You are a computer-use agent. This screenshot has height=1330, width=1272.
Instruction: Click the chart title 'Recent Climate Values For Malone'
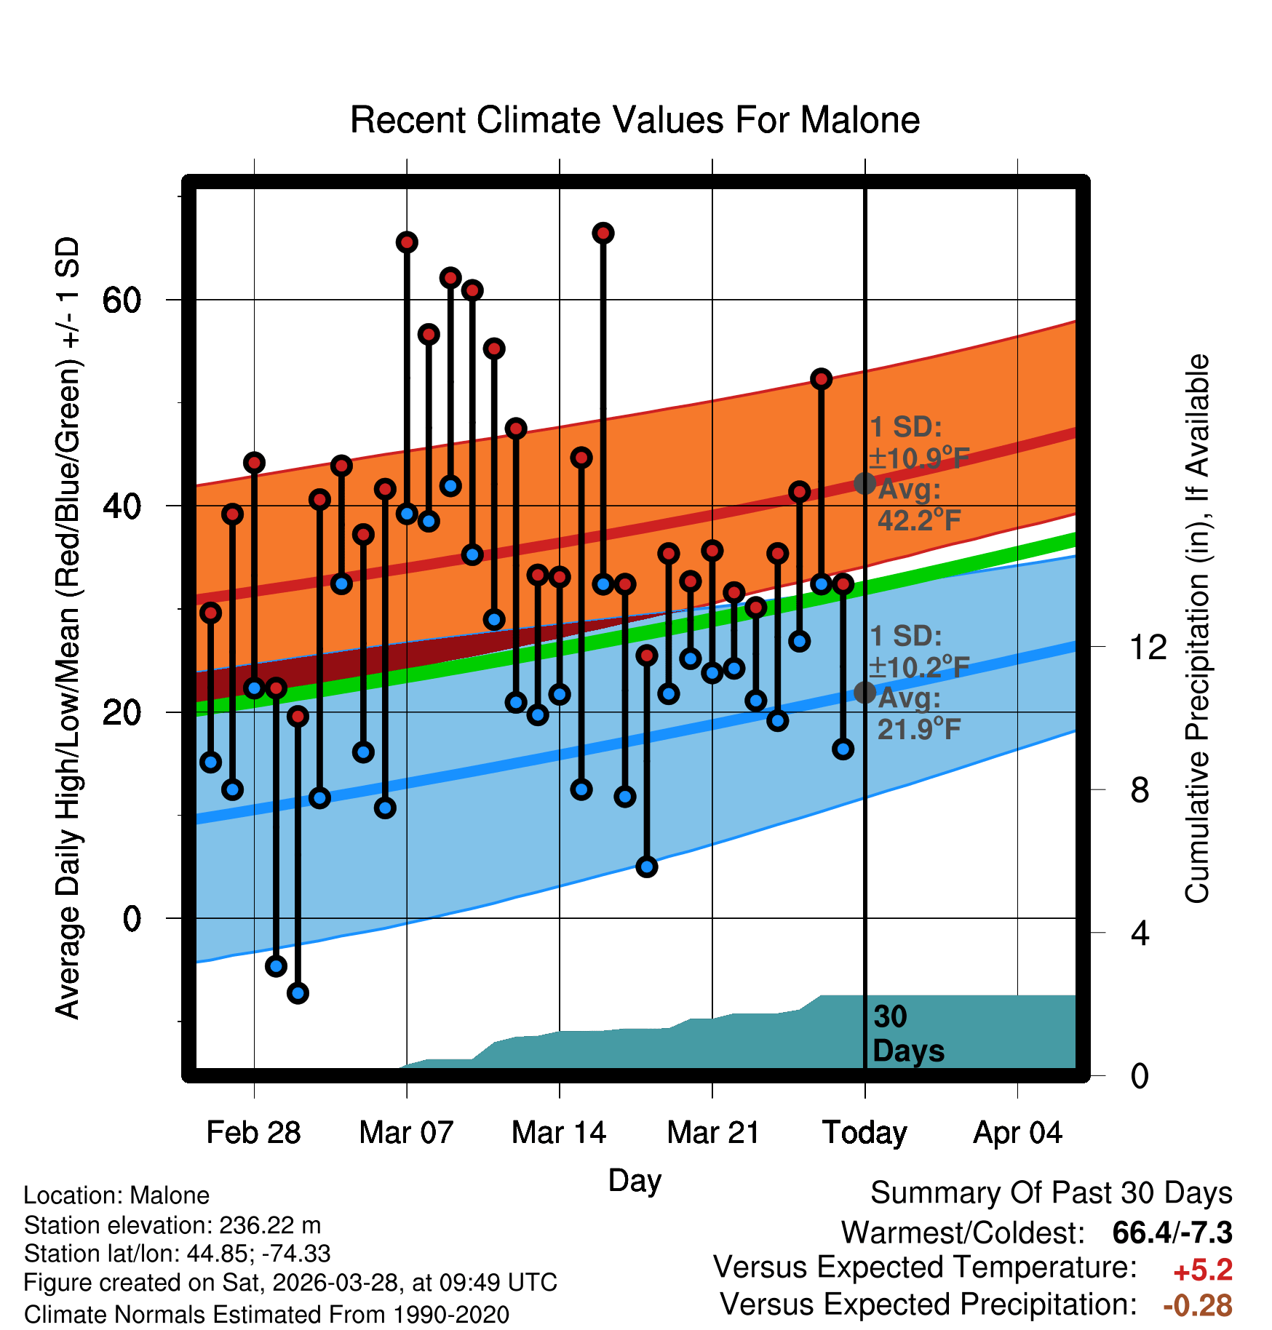(x=635, y=120)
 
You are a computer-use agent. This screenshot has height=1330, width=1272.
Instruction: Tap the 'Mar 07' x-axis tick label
(x=406, y=1133)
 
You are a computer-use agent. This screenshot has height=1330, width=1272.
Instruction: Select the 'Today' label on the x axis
(x=864, y=1133)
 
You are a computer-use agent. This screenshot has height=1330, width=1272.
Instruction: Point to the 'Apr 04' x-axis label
(x=1017, y=1133)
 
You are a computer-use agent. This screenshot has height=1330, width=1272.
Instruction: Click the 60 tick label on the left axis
(x=122, y=300)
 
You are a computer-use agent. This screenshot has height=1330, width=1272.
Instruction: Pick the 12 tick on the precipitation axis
(x=1148, y=647)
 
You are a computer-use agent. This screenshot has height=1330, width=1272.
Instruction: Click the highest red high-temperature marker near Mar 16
(x=603, y=234)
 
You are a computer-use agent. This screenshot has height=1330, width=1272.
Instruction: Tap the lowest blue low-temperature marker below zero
(x=298, y=993)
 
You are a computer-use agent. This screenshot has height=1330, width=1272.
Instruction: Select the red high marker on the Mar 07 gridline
(x=407, y=242)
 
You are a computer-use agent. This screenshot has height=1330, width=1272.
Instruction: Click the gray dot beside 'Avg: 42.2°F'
(x=864, y=483)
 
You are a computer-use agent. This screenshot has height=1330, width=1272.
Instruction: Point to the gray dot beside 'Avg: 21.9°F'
(x=864, y=692)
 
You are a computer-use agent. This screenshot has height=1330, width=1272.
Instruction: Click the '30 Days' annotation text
(x=908, y=1034)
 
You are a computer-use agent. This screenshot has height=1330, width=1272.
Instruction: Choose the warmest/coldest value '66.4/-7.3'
(x=1172, y=1233)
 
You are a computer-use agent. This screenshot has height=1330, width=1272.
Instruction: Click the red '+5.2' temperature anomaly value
(x=1203, y=1270)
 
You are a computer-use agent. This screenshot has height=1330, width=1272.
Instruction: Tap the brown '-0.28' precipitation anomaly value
(x=1198, y=1306)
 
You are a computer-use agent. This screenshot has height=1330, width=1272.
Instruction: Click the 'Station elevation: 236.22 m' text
(x=172, y=1225)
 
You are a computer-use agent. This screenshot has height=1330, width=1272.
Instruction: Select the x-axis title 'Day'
(x=635, y=1180)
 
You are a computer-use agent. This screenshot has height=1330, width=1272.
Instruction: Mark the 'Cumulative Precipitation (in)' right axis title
(x=1197, y=629)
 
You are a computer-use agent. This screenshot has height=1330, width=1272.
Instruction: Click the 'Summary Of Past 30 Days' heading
(x=1052, y=1193)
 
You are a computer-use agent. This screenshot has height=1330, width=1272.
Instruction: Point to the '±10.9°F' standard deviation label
(x=919, y=458)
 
